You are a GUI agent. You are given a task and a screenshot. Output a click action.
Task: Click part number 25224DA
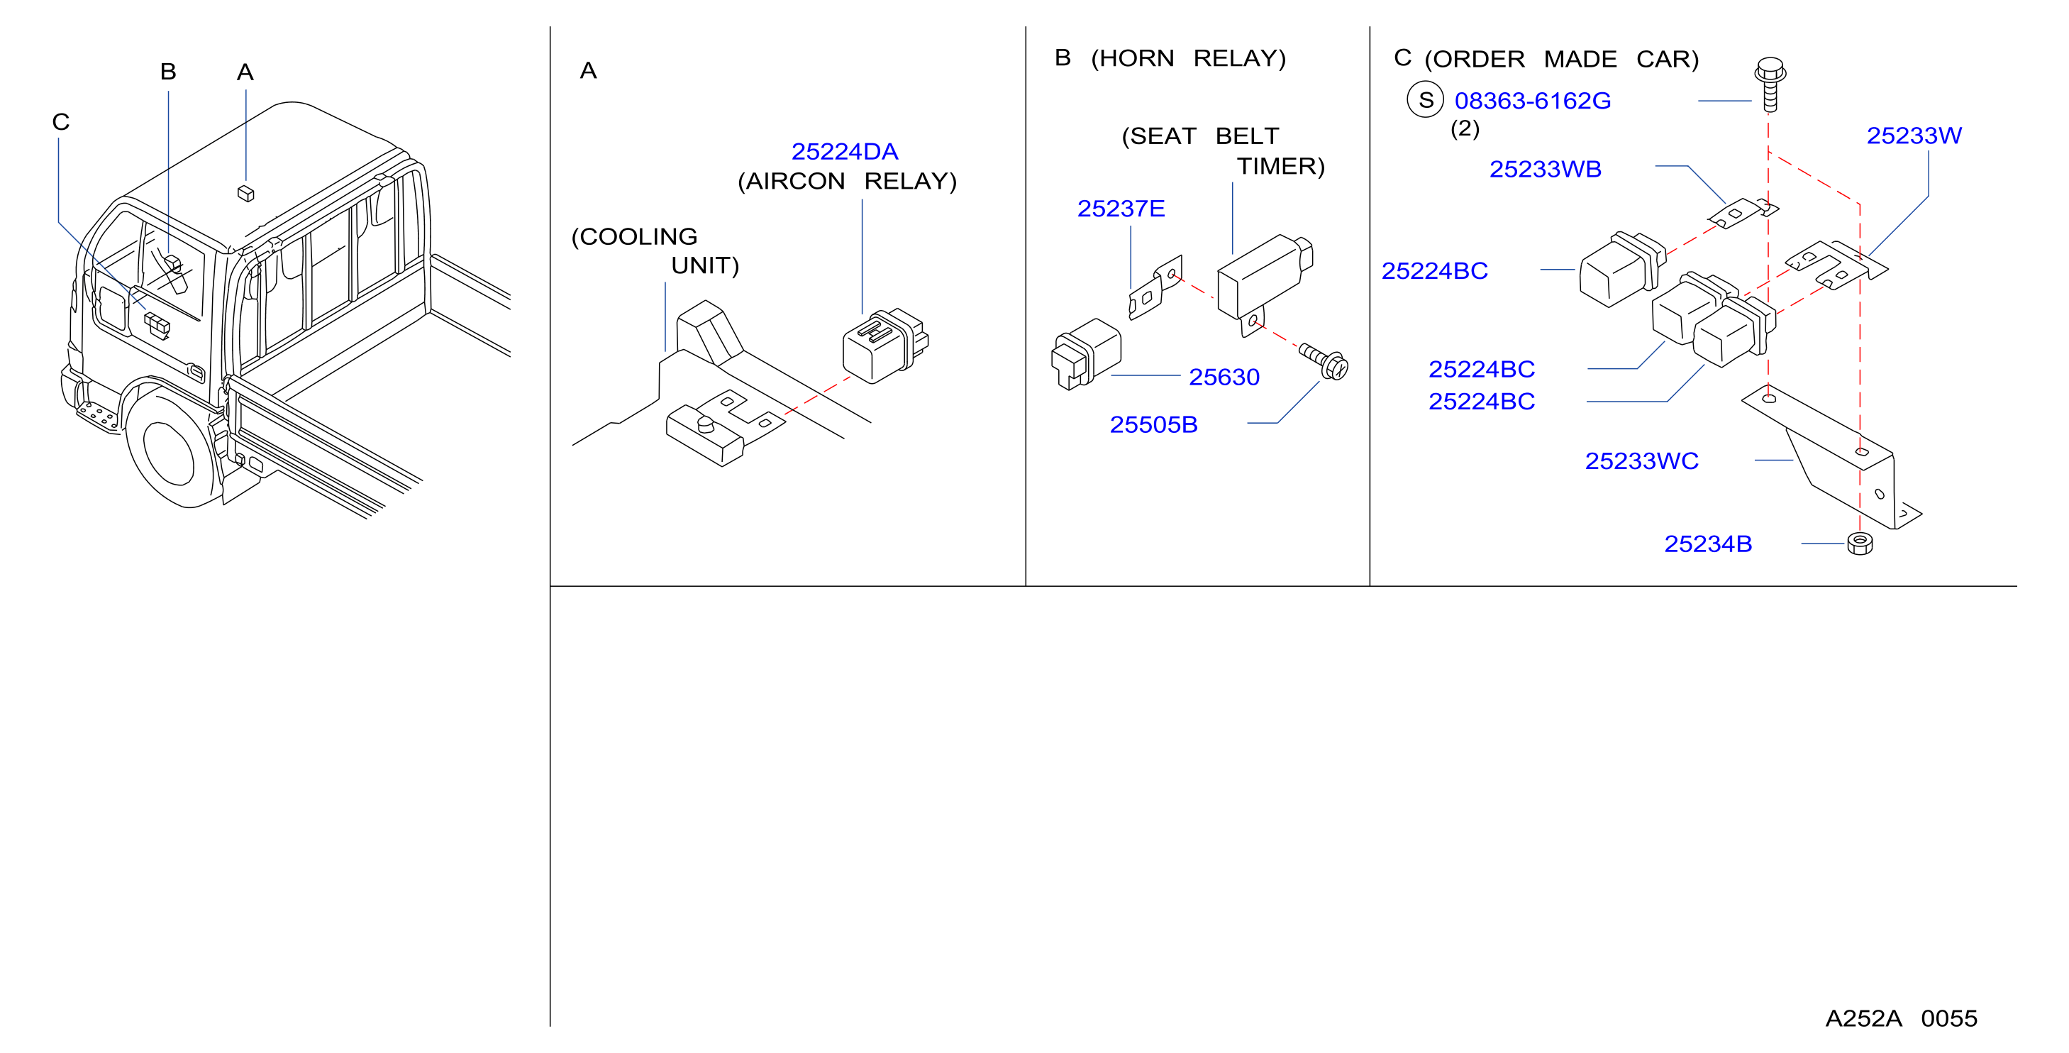point(844,151)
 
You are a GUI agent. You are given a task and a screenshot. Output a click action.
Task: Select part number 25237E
point(1121,209)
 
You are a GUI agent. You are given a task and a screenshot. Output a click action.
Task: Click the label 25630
point(1224,377)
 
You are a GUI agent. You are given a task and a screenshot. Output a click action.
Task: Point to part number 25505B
point(1153,424)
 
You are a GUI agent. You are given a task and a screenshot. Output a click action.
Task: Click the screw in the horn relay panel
point(1324,361)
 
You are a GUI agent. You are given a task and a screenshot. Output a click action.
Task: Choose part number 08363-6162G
point(1533,101)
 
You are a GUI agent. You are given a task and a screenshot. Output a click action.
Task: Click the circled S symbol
point(1426,100)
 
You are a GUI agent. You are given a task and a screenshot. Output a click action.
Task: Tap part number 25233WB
point(1546,170)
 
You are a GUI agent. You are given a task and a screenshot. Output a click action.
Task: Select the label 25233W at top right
point(1914,136)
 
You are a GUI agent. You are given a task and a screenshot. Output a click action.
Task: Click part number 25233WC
point(1642,461)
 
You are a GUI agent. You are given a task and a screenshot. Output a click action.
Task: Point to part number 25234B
point(1707,544)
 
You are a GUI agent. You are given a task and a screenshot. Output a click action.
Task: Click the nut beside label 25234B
point(1860,544)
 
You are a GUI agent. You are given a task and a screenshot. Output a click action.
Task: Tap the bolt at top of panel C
point(1770,84)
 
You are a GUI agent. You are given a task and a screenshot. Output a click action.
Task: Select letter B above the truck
point(168,72)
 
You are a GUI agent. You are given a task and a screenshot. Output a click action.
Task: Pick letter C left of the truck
point(61,122)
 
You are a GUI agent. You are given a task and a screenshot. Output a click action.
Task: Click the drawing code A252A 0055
point(1901,1018)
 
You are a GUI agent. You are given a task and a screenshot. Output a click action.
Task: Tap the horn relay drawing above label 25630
point(1087,354)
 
